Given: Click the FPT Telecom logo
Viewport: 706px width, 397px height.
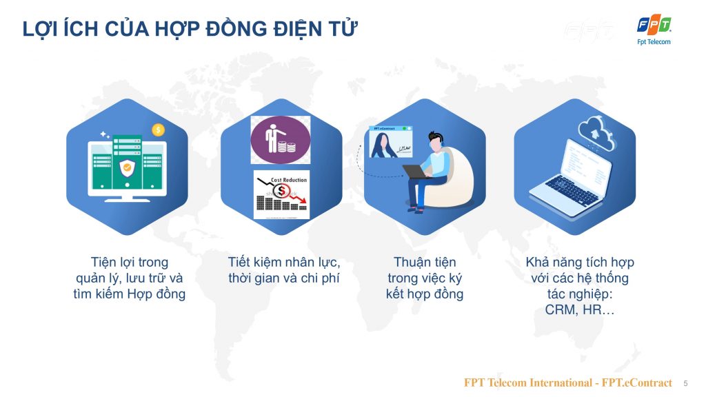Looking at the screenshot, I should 654,30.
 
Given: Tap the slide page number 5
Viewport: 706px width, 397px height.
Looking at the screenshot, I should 685,383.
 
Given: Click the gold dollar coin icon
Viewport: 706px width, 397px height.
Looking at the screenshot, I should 158,130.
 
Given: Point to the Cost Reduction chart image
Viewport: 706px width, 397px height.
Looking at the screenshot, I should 280,195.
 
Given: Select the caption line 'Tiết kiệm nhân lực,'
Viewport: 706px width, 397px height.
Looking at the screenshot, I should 284,263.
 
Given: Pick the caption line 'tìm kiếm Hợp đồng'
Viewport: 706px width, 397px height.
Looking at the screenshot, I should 130,294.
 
